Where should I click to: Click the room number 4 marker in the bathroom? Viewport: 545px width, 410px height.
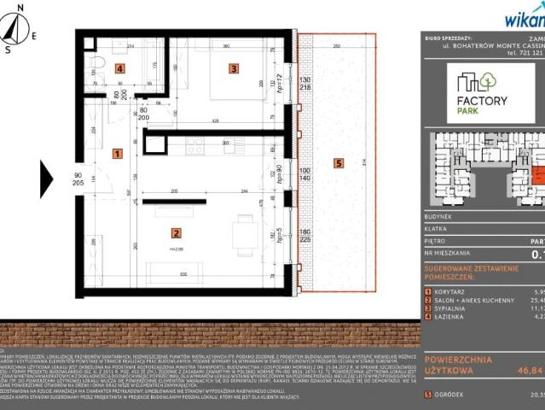[x=120, y=68]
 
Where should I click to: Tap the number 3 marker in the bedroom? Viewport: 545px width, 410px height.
[x=231, y=67]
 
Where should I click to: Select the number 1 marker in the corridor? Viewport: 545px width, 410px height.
[x=117, y=154]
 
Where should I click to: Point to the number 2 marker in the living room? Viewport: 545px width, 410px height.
[x=175, y=232]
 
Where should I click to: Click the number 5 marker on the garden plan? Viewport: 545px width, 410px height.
[x=338, y=163]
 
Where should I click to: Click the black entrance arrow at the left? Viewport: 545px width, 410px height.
[x=47, y=179]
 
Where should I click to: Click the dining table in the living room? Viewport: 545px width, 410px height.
[x=246, y=228]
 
